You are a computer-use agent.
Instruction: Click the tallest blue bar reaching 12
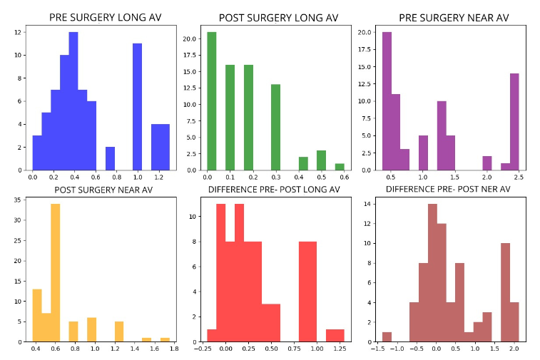[x=73, y=101]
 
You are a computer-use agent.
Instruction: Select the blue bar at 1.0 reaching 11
[x=138, y=107]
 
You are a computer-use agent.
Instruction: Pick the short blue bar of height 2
[x=111, y=158]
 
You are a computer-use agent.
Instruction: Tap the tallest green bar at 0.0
[x=212, y=101]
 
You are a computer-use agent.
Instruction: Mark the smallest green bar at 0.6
[x=340, y=167]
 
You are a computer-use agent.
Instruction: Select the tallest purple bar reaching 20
[x=387, y=101]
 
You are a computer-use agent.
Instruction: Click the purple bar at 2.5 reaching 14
[x=514, y=122]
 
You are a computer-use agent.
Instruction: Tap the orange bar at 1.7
[x=165, y=339]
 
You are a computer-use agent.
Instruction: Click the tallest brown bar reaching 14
[x=432, y=273]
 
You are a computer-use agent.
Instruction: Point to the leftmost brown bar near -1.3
[x=387, y=336]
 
